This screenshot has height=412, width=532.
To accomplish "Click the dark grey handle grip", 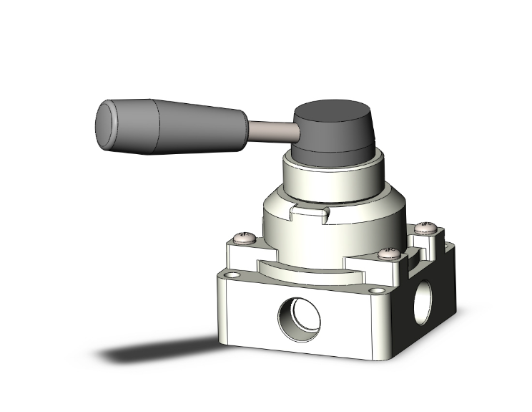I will click(x=179, y=129).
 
